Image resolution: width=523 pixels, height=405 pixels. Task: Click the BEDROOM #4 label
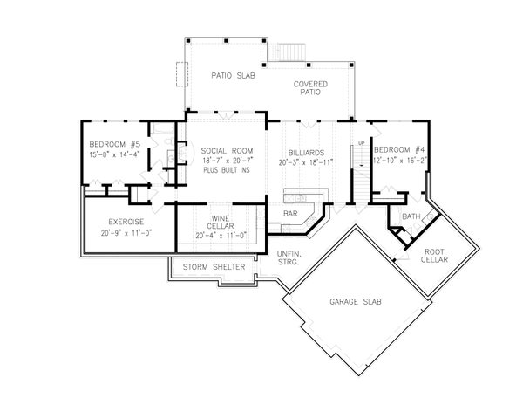click(x=399, y=150)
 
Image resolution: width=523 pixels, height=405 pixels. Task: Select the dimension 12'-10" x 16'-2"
click(x=399, y=161)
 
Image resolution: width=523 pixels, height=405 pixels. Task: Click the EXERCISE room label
click(x=113, y=223)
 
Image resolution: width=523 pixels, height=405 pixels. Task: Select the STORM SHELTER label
click(x=214, y=267)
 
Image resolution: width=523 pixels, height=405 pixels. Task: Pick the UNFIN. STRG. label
click(x=289, y=257)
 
